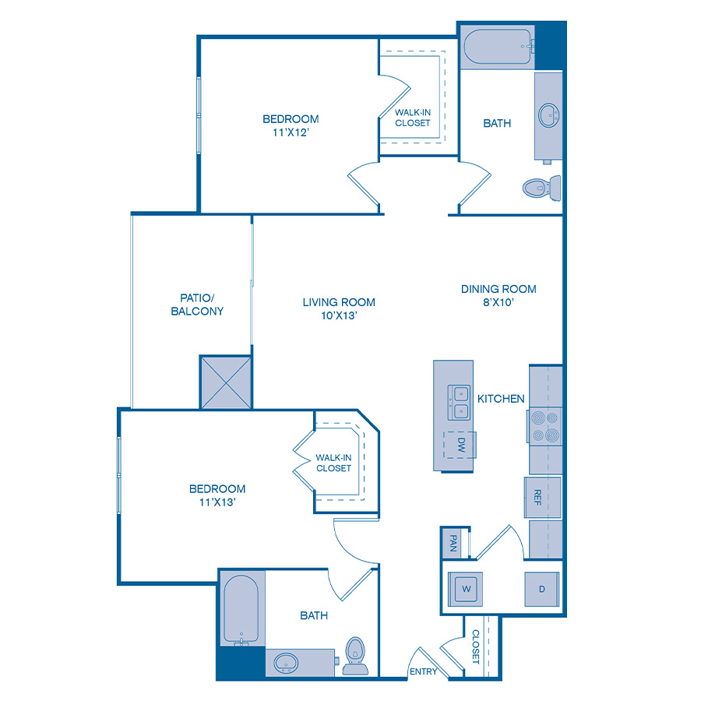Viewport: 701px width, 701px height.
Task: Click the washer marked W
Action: (467, 589)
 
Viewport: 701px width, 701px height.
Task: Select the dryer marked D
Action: (541, 589)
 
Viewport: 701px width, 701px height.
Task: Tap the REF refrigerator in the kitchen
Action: (537, 497)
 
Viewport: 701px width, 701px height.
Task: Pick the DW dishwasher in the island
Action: (460, 445)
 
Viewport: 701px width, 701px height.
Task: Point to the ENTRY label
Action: (423, 672)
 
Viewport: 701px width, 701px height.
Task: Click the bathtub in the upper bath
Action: (497, 48)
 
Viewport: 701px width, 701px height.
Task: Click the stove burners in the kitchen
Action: (544, 426)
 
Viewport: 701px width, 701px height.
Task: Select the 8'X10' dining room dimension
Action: (498, 303)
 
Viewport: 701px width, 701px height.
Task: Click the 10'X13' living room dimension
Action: (339, 316)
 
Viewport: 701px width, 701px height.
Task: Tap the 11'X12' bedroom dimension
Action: (291, 133)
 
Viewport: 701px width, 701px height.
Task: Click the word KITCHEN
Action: (501, 399)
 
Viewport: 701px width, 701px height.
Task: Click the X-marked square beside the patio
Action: (226, 382)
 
